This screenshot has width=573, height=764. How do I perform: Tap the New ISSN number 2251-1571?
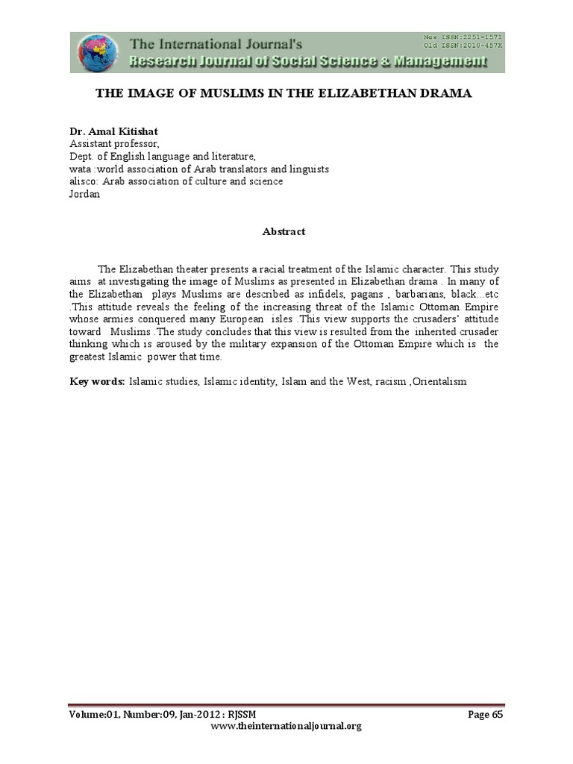click(x=472, y=37)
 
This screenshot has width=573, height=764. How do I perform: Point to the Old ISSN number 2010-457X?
click(x=472, y=45)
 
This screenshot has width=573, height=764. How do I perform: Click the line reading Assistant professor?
click(x=114, y=143)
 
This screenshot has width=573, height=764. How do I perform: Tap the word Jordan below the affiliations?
click(x=84, y=194)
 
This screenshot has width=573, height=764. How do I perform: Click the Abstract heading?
click(x=284, y=232)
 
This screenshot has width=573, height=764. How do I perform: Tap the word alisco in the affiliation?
click(x=84, y=181)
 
